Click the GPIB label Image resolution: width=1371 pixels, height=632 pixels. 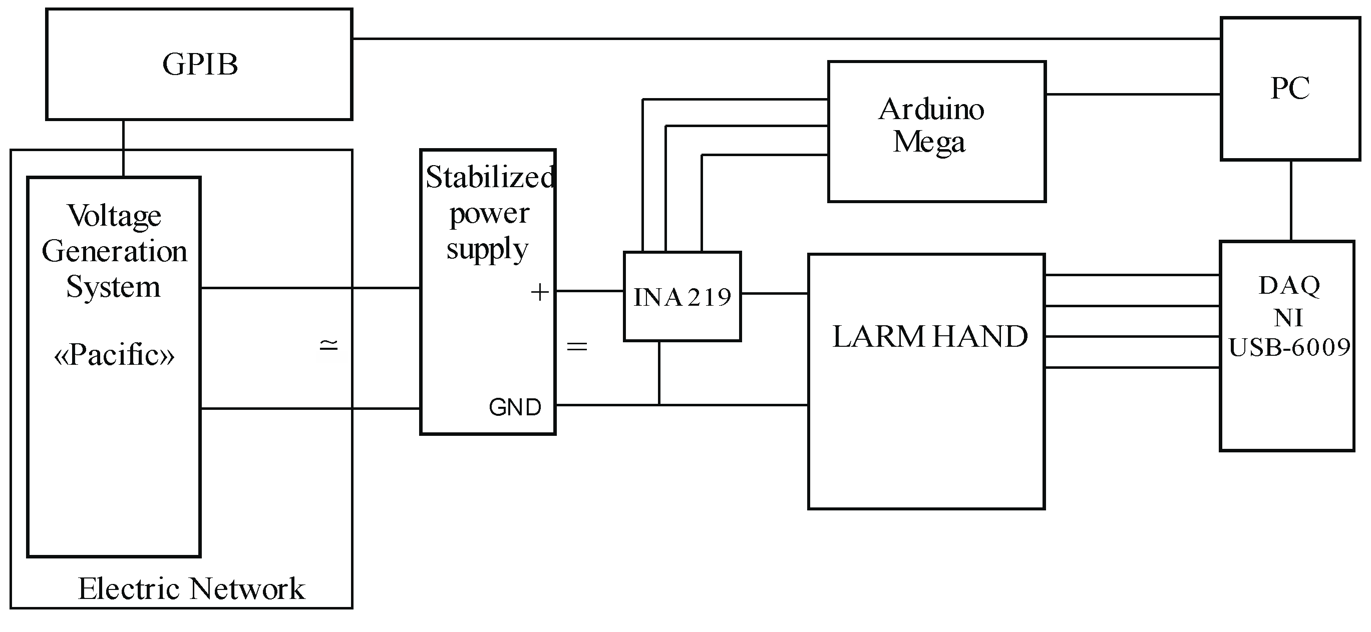point(200,65)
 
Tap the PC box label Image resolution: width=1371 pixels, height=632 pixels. point(1289,88)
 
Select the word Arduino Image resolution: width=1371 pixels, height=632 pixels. point(931,110)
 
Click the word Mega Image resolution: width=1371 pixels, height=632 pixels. point(929,142)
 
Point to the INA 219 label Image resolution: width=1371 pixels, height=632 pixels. point(682,297)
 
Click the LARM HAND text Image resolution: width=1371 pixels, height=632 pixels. point(929,337)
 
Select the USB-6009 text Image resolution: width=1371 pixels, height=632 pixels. point(1289,347)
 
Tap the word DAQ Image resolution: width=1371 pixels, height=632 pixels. point(1289,286)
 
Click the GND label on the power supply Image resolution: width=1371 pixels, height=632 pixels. point(515,407)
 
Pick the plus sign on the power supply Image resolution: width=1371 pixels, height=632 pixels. point(540,292)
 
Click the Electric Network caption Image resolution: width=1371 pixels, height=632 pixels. point(192,588)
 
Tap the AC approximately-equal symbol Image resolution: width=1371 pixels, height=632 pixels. point(328,345)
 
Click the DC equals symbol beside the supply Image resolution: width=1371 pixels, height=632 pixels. point(577,347)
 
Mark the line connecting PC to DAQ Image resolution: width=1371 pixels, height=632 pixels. point(1291,201)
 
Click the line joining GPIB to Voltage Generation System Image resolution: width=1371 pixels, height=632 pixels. point(124,148)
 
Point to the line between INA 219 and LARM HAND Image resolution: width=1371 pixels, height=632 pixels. point(775,293)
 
